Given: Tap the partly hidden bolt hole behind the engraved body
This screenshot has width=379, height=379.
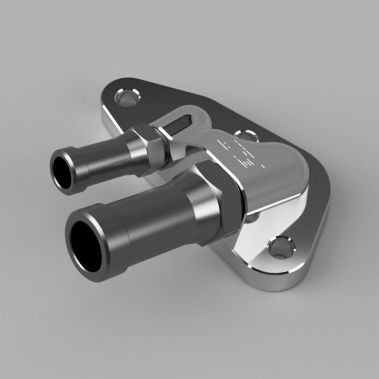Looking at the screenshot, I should tap(244, 135).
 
